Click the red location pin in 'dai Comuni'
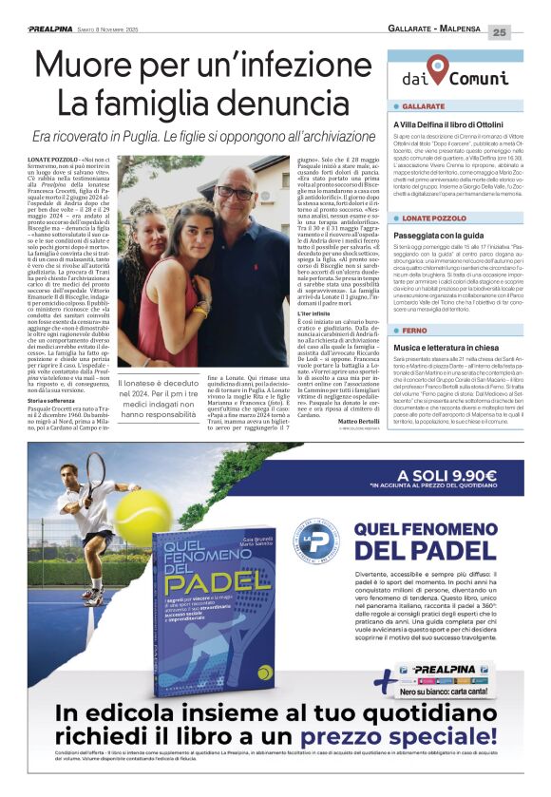point(437,67)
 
